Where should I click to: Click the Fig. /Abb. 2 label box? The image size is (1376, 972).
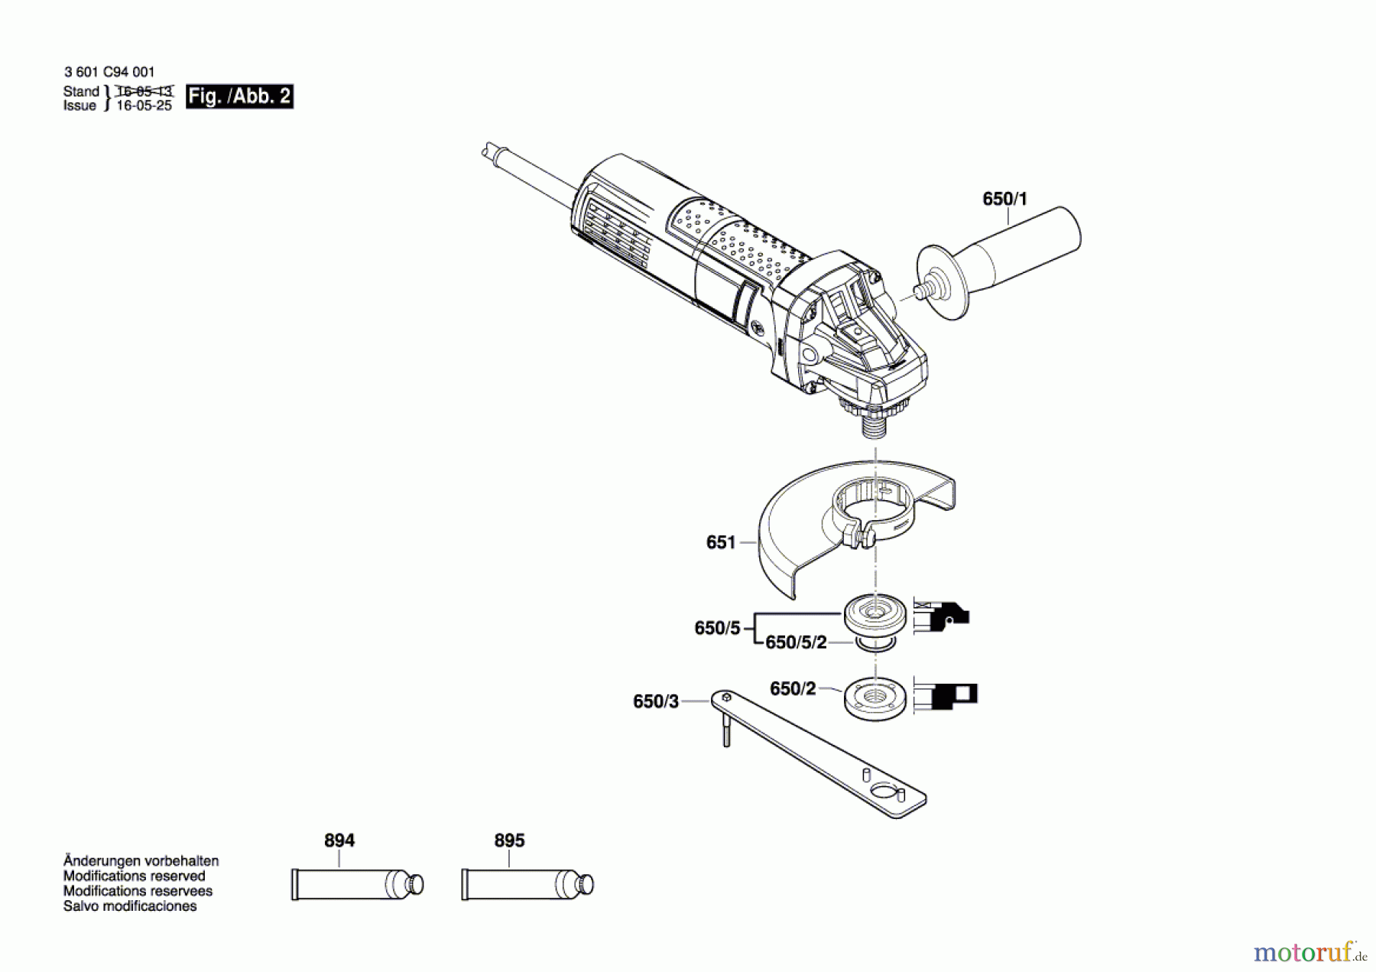(239, 96)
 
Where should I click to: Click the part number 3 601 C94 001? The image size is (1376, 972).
(109, 72)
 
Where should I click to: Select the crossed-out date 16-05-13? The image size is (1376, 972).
(144, 91)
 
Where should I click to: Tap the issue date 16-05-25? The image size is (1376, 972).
(144, 106)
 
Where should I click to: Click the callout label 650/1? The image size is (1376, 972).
(1004, 199)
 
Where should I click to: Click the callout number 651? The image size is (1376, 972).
(720, 542)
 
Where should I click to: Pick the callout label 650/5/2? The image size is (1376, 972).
(796, 642)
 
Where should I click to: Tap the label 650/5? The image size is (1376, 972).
(717, 628)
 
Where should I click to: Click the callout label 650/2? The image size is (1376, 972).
(793, 689)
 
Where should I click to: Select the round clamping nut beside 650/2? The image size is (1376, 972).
(876, 697)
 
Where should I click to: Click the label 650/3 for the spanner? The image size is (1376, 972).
(655, 701)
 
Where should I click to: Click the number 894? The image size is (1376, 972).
(339, 840)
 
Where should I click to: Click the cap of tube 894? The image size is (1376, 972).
(415, 884)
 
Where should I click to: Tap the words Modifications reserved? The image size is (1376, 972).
(134, 876)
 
